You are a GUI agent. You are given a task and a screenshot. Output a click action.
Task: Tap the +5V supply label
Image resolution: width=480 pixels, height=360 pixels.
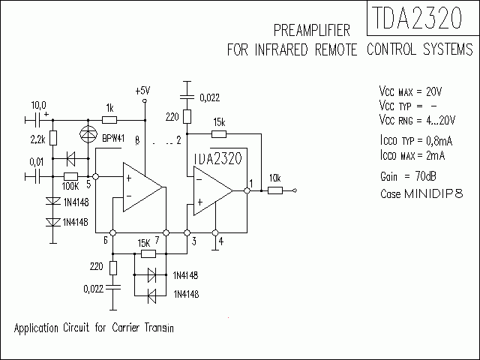(142, 90)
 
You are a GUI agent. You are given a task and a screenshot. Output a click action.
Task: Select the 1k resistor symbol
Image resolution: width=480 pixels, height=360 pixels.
(109, 118)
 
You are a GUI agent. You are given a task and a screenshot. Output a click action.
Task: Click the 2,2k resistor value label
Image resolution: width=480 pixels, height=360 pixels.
(38, 139)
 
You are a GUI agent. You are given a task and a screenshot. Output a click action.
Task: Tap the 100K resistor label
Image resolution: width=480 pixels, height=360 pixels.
(71, 184)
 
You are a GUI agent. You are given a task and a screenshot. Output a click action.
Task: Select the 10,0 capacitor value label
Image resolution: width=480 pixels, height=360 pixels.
(38, 105)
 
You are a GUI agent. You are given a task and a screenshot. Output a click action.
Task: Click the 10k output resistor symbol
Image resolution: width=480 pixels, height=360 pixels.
(275, 190)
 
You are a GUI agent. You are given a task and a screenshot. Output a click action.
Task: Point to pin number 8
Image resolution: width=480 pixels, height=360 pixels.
(137, 140)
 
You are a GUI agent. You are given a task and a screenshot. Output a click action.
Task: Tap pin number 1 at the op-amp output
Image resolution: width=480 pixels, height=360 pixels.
(250, 184)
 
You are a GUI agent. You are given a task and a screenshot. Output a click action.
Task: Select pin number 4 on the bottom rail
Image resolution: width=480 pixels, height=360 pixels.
(220, 241)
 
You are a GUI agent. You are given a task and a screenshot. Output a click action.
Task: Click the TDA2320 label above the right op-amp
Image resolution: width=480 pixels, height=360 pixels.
(217, 158)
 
